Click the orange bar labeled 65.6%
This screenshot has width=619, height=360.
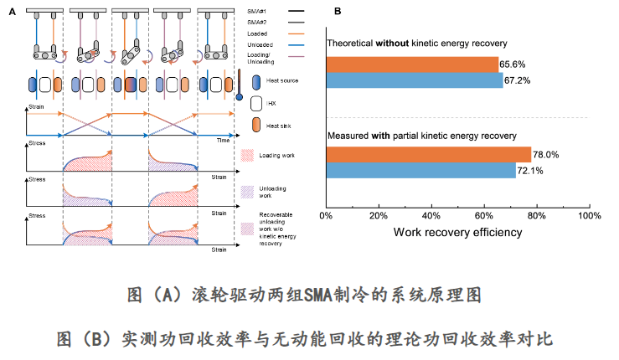pos(410,64)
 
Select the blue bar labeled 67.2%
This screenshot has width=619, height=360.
pos(414,80)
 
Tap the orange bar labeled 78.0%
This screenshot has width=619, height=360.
pos(428,154)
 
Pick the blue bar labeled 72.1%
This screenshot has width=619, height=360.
pos(420,170)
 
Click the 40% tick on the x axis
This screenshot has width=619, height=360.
pos(431,215)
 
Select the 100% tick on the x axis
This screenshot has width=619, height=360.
pos(589,215)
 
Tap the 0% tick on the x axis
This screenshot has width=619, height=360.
pos(326,215)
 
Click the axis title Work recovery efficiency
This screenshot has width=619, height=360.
pos(457,231)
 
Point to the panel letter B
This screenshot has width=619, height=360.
pos(337,12)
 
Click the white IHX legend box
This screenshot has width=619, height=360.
pos(256,104)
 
